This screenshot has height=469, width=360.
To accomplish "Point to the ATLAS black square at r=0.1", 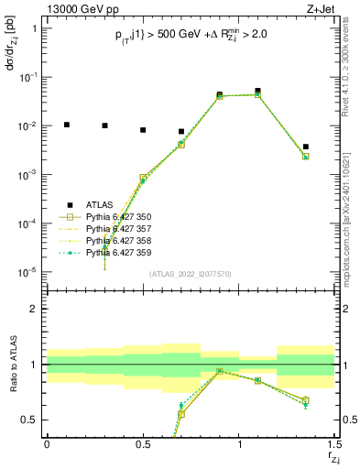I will (x=66, y=125).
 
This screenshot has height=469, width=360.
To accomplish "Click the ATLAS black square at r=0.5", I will (x=143, y=130).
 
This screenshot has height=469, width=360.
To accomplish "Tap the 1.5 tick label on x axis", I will (x=334, y=444).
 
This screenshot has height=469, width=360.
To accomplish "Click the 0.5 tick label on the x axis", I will (x=143, y=444).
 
